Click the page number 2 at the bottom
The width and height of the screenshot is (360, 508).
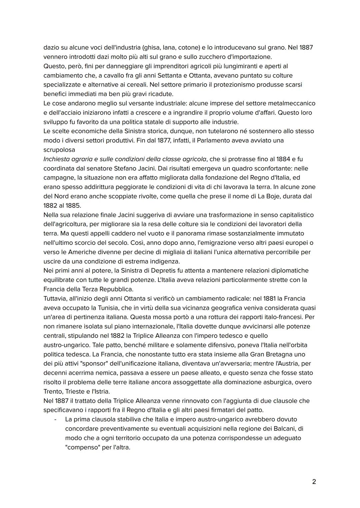pos(314,481)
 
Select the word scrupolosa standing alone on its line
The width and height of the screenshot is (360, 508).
pos(59,150)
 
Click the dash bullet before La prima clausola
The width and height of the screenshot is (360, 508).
pos(55,419)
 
